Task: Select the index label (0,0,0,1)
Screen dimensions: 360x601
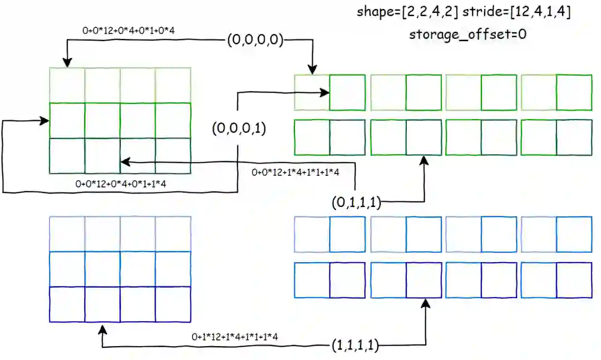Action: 239,129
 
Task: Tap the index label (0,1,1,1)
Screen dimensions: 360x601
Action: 356,203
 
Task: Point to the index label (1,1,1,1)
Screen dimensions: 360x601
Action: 354,346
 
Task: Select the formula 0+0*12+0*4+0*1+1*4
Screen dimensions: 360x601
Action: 120,184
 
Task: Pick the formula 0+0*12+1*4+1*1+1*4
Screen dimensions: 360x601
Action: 303,172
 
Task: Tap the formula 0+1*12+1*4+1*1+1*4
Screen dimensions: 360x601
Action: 235,336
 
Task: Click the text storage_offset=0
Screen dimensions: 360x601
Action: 467,34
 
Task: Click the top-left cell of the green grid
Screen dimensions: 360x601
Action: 67,85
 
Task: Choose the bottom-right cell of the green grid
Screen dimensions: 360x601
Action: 173,156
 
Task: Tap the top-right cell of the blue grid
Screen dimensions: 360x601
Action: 173,234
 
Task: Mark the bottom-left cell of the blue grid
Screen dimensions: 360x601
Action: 67,304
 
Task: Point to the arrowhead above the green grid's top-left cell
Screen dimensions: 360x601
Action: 67,63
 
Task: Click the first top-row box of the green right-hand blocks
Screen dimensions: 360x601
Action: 312,92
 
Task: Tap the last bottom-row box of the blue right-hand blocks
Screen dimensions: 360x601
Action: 574,280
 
